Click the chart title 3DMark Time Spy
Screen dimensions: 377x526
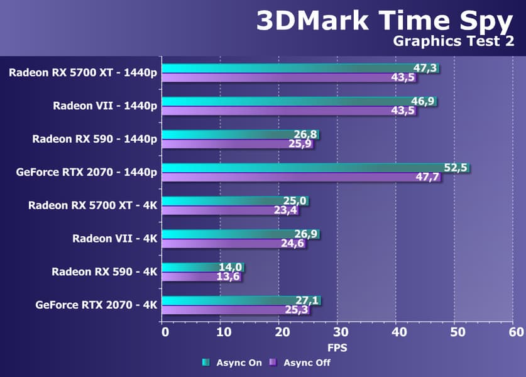tap(384, 21)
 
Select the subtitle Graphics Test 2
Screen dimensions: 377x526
tap(452, 42)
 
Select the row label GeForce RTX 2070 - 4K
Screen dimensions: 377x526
tap(96, 305)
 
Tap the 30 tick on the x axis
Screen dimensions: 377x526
tap(337, 332)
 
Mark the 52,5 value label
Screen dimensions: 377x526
tap(456, 168)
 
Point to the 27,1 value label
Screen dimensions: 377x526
tap(307, 301)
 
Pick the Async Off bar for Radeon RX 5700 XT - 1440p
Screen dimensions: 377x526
tap(277, 78)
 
